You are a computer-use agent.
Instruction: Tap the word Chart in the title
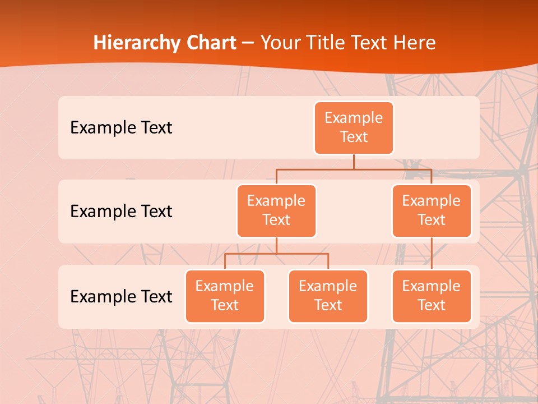tap(209, 43)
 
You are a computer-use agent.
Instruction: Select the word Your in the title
tap(280, 43)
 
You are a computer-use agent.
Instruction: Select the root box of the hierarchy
tap(354, 128)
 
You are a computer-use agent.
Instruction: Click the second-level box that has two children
tap(276, 210)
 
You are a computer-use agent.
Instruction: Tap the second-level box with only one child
tap(432, 210)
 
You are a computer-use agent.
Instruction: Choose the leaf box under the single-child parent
tap(432, 296)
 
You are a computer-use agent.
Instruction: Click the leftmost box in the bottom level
tap(225, 296)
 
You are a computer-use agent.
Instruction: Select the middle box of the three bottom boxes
tap(328, 296)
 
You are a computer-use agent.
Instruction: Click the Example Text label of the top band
tap(121, 128)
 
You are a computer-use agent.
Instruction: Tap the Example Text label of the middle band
tap(121, 212)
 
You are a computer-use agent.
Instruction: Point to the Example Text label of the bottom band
tap(121, 296)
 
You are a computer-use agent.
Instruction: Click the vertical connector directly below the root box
tap(354, 162)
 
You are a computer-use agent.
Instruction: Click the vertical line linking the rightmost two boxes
tap(432, 254)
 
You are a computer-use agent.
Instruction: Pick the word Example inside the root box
tap(354, 118)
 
